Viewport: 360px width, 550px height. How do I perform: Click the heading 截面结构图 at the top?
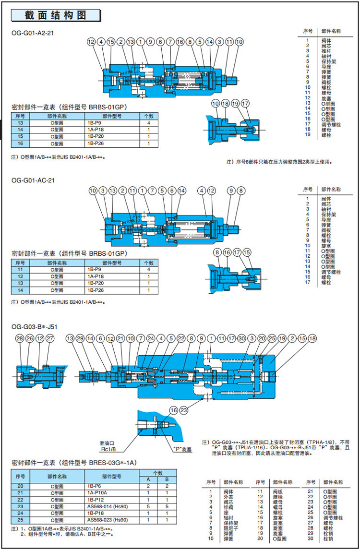click(56, 15)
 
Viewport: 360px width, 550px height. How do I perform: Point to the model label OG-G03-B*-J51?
click(35, 327)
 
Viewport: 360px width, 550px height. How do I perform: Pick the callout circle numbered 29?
click(80, 339)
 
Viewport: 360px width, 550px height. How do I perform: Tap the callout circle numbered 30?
click(241, 339)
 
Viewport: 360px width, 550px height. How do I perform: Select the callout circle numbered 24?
click(151, 339)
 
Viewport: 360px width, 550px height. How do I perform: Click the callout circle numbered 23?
click(183, 410)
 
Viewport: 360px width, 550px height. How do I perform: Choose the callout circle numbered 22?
click(181, 339)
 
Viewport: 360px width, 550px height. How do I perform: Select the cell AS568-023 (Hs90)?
click(108, 520)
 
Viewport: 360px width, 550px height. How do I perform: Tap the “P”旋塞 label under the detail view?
click(182, 450)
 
